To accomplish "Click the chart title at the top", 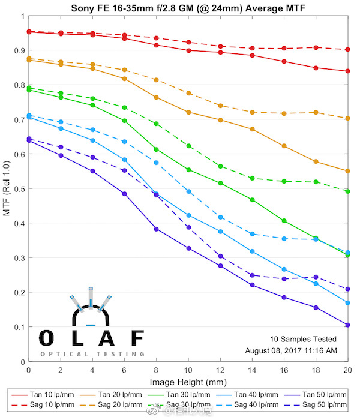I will click(x=187, y=7).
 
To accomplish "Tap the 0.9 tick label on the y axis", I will click(x=19, y=50).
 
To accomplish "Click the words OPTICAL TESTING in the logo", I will click(x=92, y=354).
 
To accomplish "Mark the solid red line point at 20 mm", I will click(x=347, y=71).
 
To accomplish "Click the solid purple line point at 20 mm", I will click(x=347, y=325).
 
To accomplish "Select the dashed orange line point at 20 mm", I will click(x=347, y=118).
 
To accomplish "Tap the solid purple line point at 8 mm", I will click(x=156, y=229).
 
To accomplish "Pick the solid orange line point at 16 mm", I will click(x=284, y=146).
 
